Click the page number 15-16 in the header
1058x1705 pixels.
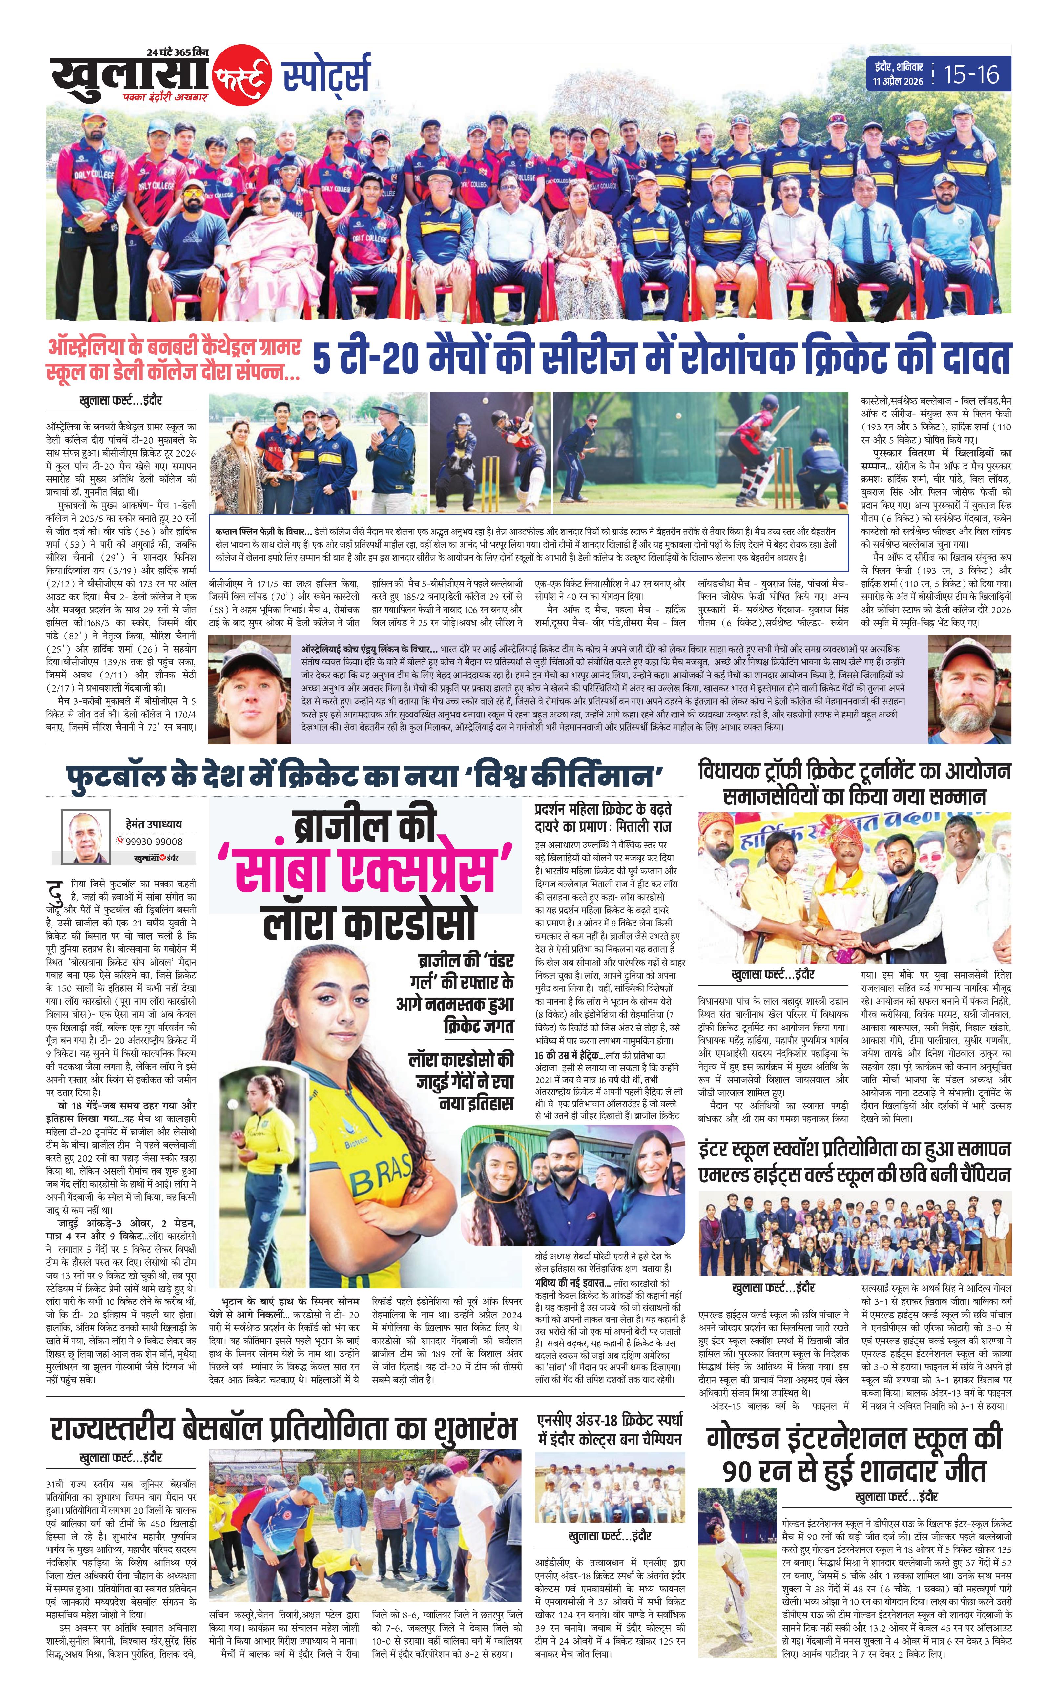click(971, 74)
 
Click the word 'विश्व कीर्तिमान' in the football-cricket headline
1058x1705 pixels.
click(570, 777)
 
